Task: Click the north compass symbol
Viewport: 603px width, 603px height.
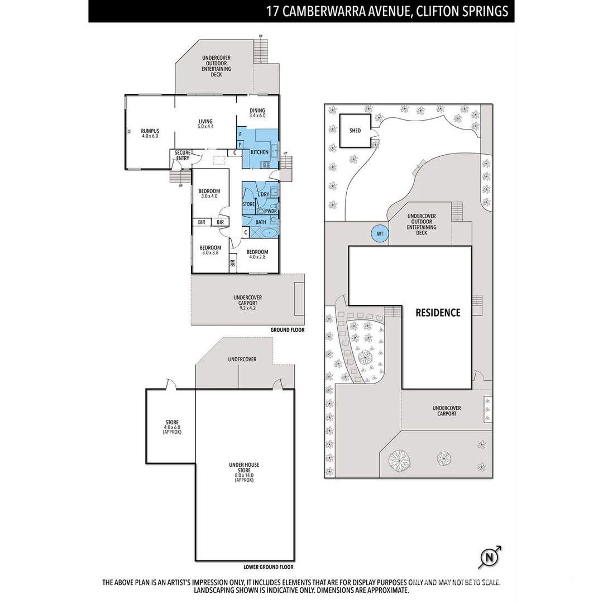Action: pyautogui.click(x=489, y=557)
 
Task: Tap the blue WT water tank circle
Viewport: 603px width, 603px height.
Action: pyautogui.click(x=380, y=233)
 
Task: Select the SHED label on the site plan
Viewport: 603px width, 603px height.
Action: pyautogui.click(x=355, y=131)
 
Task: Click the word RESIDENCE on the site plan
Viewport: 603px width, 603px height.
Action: pyautogui.click(x=438, y=313)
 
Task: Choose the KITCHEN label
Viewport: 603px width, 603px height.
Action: pyautogui.click(x=259, y=152)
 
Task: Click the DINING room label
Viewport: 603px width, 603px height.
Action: pyautogui.click(x=257, y=111)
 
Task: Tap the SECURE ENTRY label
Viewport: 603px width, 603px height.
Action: pyautogui.click(x=183, y=155)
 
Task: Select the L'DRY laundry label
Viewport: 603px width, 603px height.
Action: pyautogui.click(x=263, y=194)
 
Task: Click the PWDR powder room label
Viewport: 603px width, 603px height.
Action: pyautogui.click(x=271, y=212)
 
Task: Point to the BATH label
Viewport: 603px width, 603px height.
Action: pyautogui.click(x=261, y=222)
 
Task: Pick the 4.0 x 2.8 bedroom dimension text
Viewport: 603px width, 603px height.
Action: pyautogui.click(x=257, y=257)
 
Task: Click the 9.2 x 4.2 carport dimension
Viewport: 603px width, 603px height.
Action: pyautogui.click(x=247, y=308)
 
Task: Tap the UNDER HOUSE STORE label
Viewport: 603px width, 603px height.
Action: pyautogui.click(x=244, y=468)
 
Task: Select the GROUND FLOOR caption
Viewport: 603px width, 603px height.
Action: pyautogui.click(x=288, y=330)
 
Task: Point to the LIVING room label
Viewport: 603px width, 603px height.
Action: pyautogui.click(x=205, y=121)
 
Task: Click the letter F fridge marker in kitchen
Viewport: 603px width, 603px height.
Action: pyautogui.click(x=240, y=135)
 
